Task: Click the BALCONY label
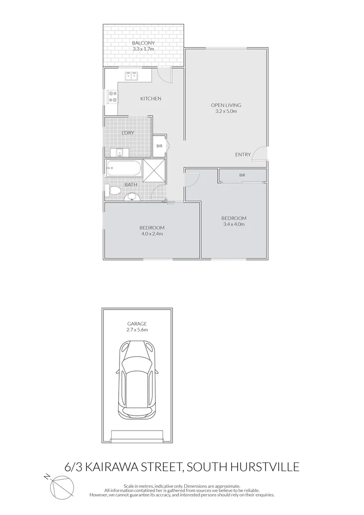tap(143, 43)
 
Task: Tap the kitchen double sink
tap(131, 75)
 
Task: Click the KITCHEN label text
tap(151, 99)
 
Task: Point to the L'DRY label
tap(127, 132)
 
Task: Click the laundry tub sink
tap(117, 152)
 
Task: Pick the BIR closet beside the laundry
tap(159, 146)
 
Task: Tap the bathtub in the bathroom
tap(123, 168)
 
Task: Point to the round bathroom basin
tap(131, 197)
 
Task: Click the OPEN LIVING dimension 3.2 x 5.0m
tap(226, 112)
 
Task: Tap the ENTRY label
tap(243, 154)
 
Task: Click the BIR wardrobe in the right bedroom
tap(243, 175)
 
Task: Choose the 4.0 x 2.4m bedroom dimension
tap(152, 234)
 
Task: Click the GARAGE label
tap(137, 324)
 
